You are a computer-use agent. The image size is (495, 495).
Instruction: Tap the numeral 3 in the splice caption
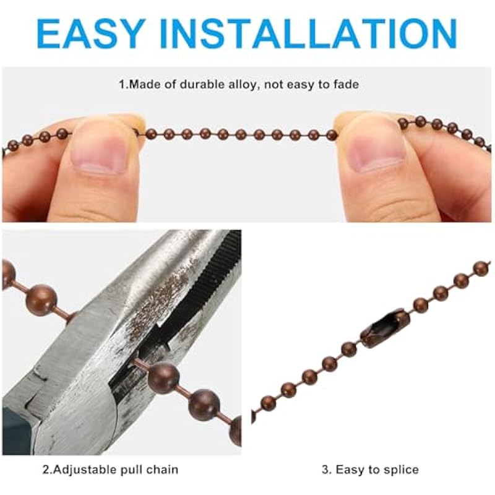[325, 470]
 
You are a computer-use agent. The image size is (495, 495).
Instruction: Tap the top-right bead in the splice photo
[483, 269]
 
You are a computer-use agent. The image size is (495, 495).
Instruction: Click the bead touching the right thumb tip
[332, 135]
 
